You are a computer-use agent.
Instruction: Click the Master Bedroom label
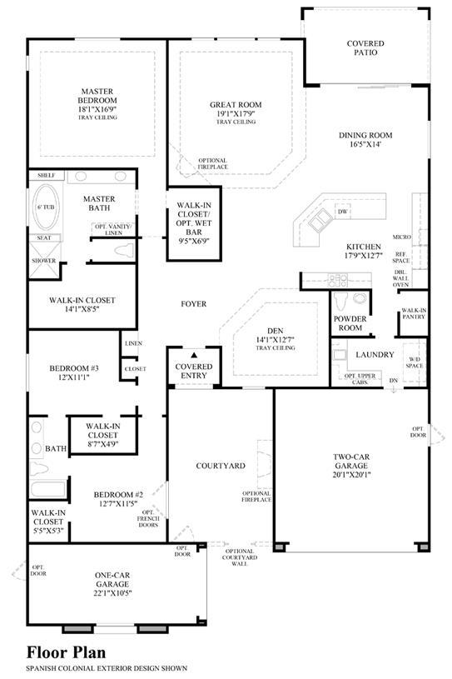click(x=97, y=96)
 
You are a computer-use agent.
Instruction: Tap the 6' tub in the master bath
click(x=46, y=207)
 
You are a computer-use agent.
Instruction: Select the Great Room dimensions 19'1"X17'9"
click(x=236, y=114)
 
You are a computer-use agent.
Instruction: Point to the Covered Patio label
click(x=365, y=48)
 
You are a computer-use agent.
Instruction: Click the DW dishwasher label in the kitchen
click(x=343, y=212)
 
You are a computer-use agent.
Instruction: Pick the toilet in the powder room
click(x=340, y=302)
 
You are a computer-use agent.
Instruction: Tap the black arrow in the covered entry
click(x=194, y=355)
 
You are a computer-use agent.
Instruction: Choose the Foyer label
click(x=194, y=304)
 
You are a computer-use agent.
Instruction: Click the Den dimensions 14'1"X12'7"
click(x=276, y=340)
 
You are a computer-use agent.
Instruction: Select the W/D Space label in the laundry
click(x=415, y=362)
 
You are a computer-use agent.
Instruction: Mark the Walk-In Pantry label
click(x=414, y=313)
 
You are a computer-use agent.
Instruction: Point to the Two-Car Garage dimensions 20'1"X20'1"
click(x=351, y=475)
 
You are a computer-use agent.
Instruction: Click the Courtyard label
click(x=221, y=466)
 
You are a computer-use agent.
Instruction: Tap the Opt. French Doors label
click(x=148, y=519)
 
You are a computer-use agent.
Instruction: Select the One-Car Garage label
click(x=113, y=579)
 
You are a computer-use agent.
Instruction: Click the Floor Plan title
click(x=67, y=652)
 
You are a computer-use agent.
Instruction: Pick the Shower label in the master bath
click(x=43, y=261)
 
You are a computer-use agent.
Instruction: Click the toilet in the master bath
click(x=125, y=250)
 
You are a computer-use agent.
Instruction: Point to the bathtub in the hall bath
click(x=48, y=489)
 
